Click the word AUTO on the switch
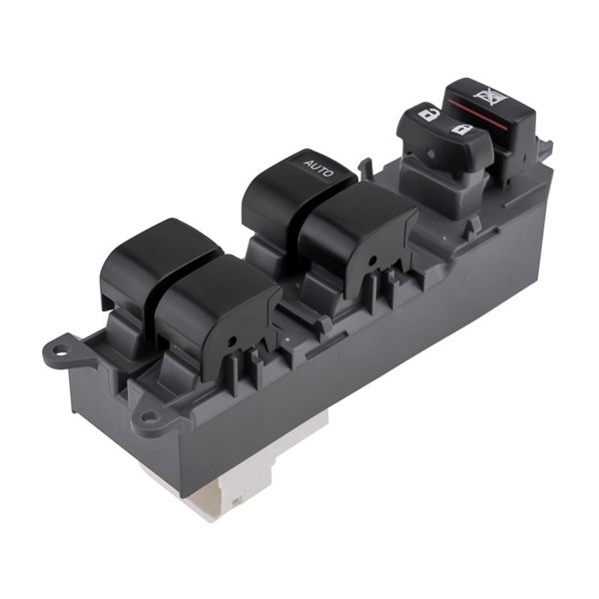318,168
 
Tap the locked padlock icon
462,129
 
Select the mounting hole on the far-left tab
59,349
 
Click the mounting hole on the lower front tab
151,416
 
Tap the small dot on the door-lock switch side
431,154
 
